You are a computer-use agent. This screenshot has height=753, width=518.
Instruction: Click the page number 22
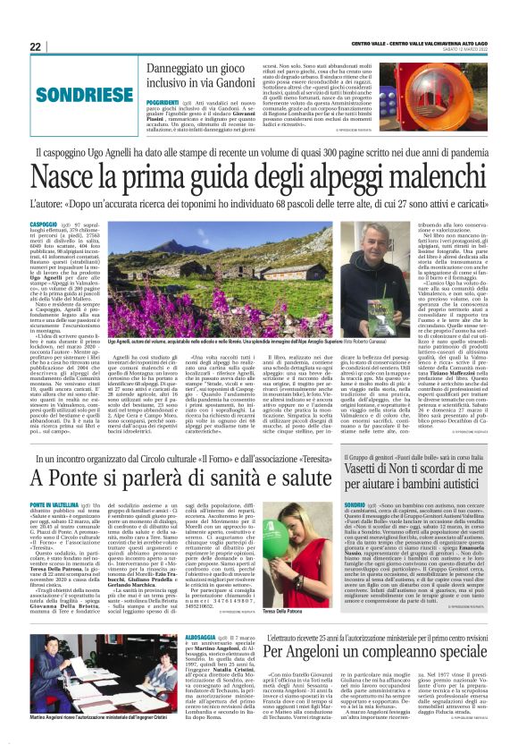35,47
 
